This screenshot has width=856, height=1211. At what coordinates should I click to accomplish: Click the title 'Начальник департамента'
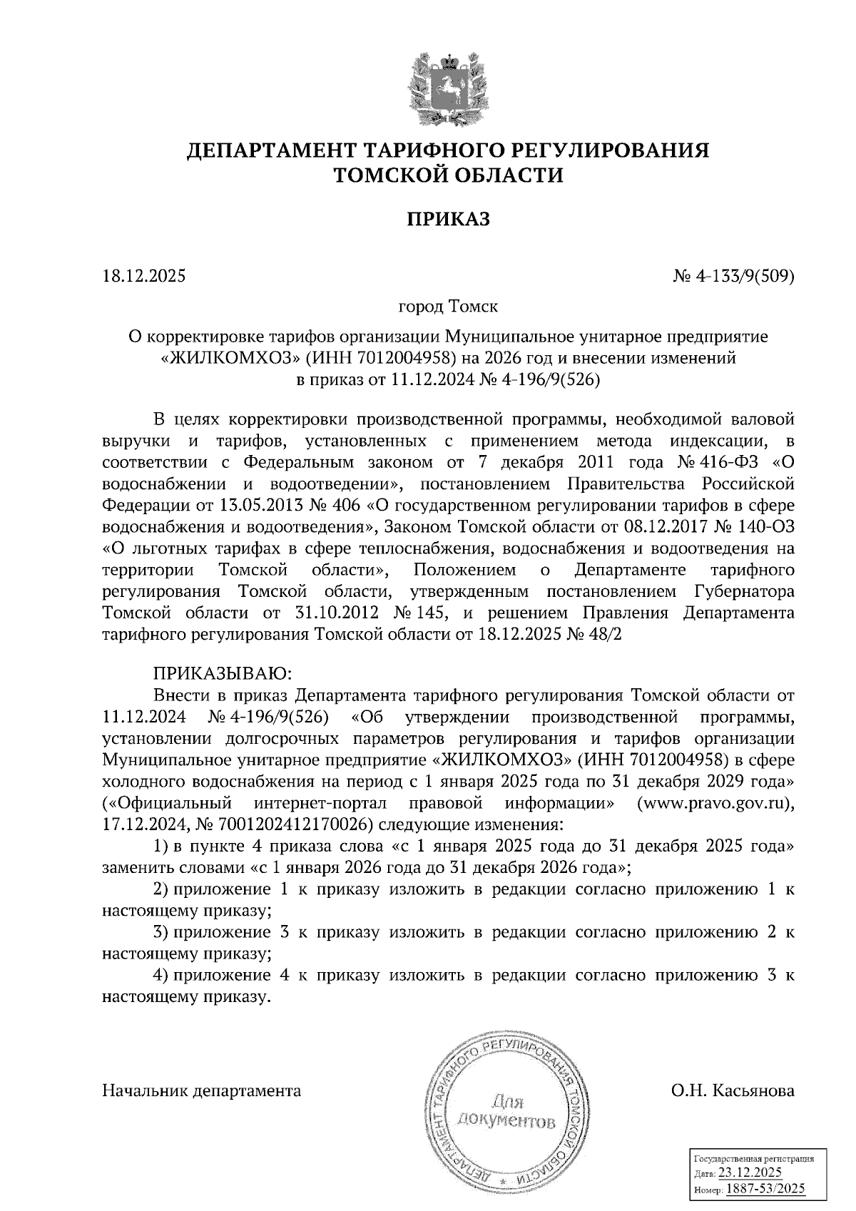202,1090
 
